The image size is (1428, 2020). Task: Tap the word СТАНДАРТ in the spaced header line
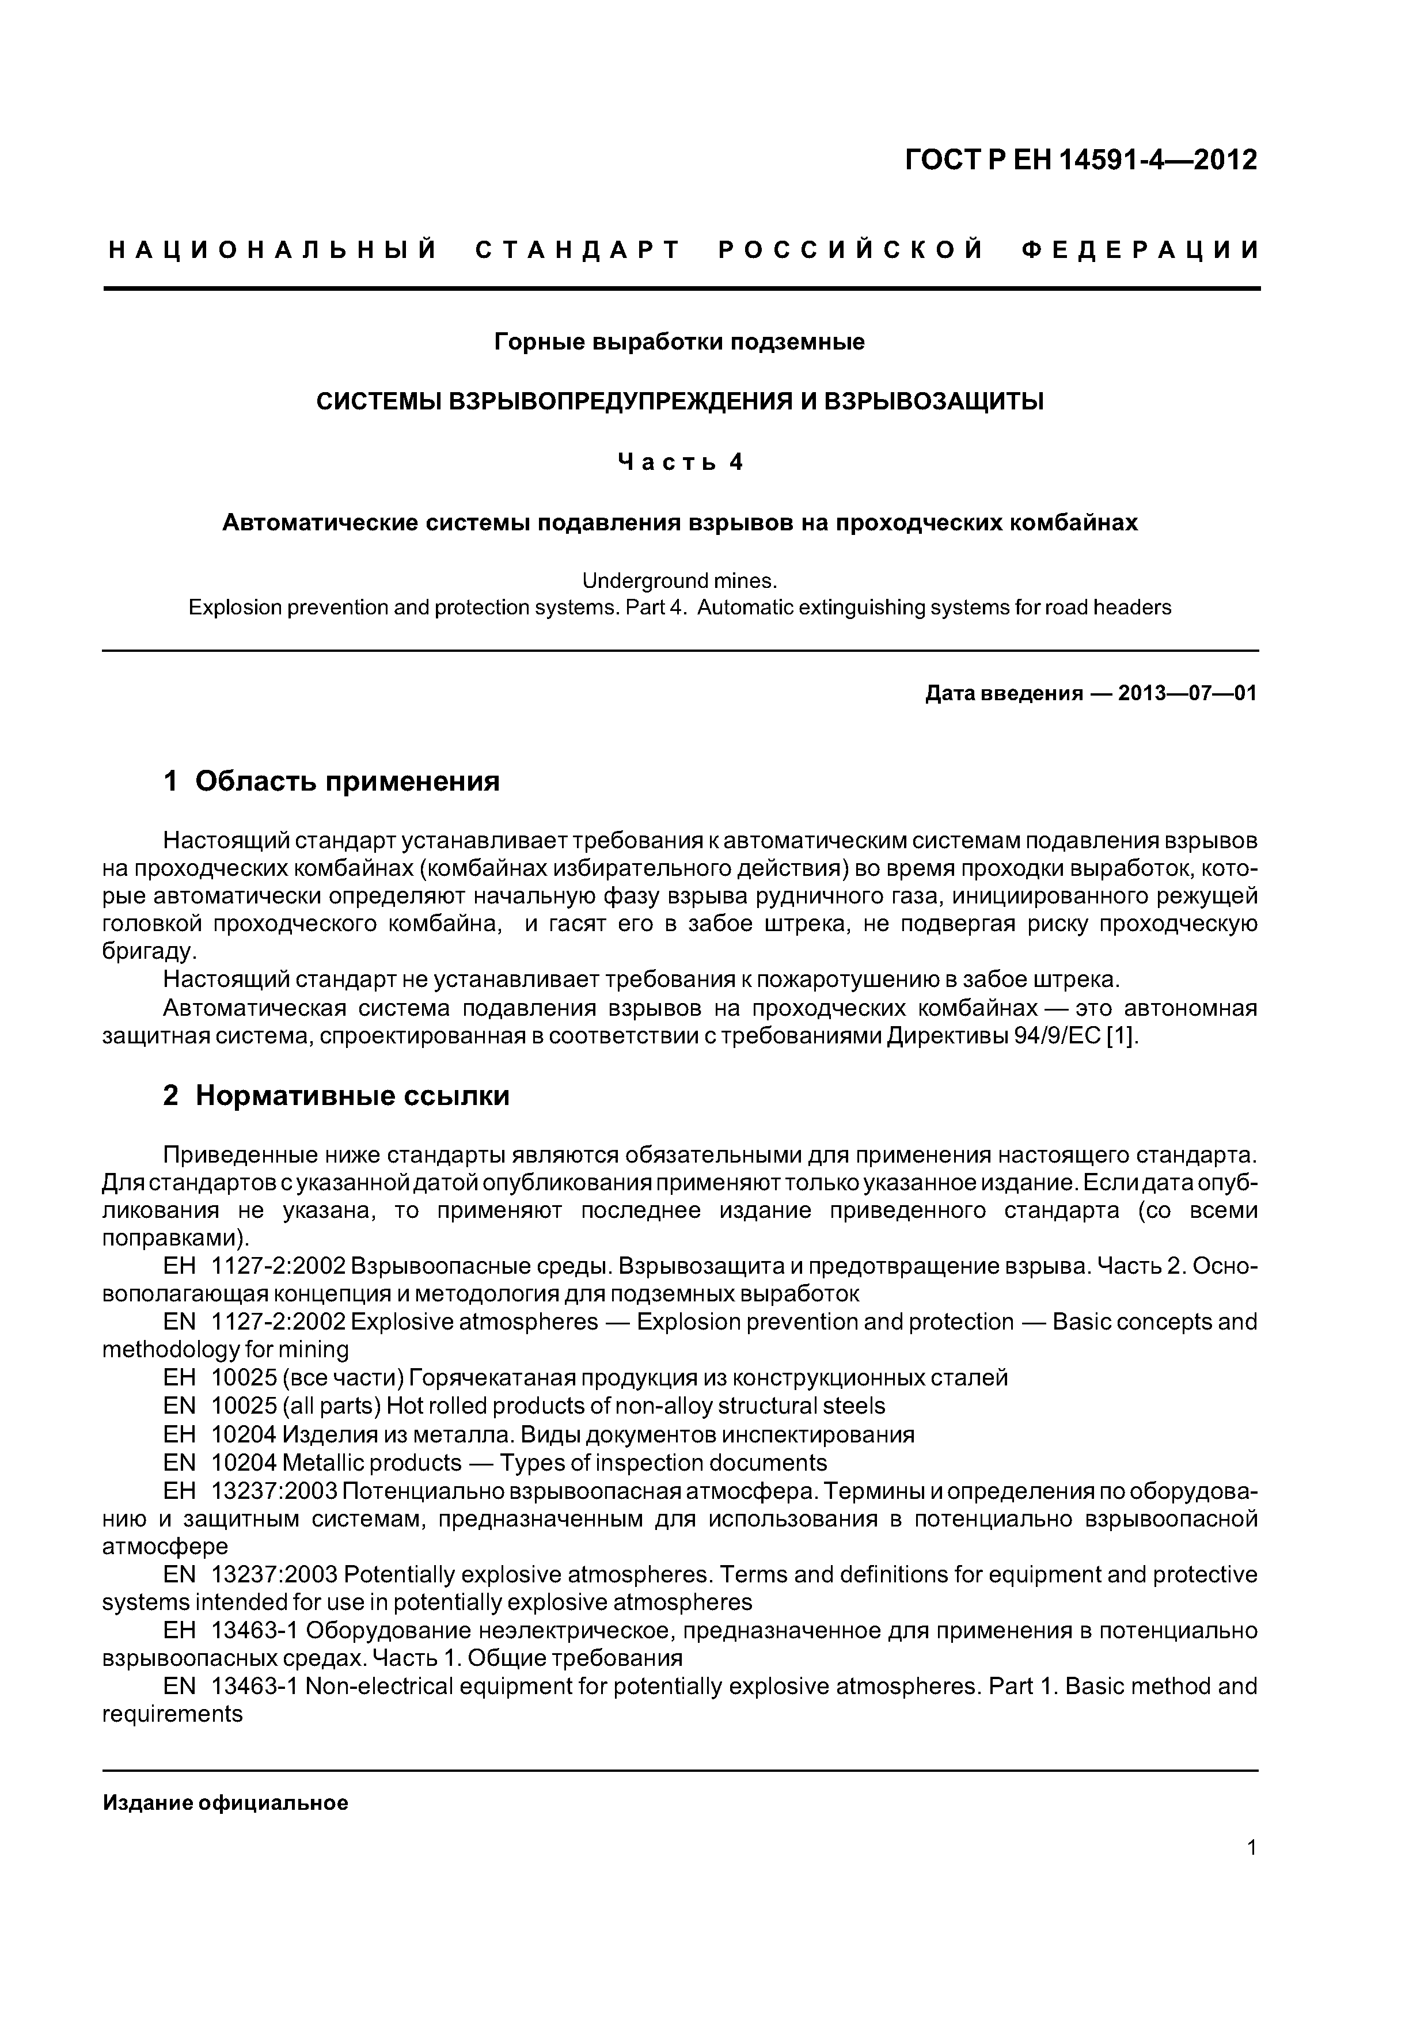tap(578, 250)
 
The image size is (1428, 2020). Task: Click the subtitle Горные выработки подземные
tap(679, 341)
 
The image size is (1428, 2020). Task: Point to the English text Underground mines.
tap(679, 580)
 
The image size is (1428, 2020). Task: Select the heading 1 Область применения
tap(332, 780)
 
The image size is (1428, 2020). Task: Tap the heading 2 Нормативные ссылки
tap(336, 1095)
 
